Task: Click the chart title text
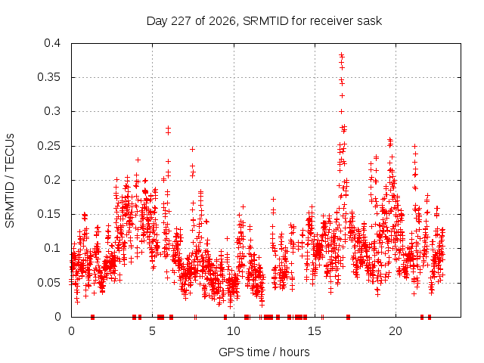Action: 264,21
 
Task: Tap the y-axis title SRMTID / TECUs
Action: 10,181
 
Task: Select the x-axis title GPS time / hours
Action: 264,352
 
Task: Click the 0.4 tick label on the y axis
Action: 52,43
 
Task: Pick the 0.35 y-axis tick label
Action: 48,77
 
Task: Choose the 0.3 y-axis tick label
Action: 52,111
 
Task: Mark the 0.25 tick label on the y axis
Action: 48,146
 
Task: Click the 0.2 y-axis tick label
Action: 52,180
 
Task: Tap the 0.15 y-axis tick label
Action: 48,214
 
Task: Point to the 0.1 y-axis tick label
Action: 52,248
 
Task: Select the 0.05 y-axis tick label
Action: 48,282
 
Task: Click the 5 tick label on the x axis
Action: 152,331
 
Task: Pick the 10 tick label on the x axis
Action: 234,331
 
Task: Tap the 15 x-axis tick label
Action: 315,331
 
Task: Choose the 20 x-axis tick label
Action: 396,331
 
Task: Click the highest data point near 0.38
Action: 341,55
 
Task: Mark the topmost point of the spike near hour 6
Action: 168,128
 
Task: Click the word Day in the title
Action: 157,21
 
